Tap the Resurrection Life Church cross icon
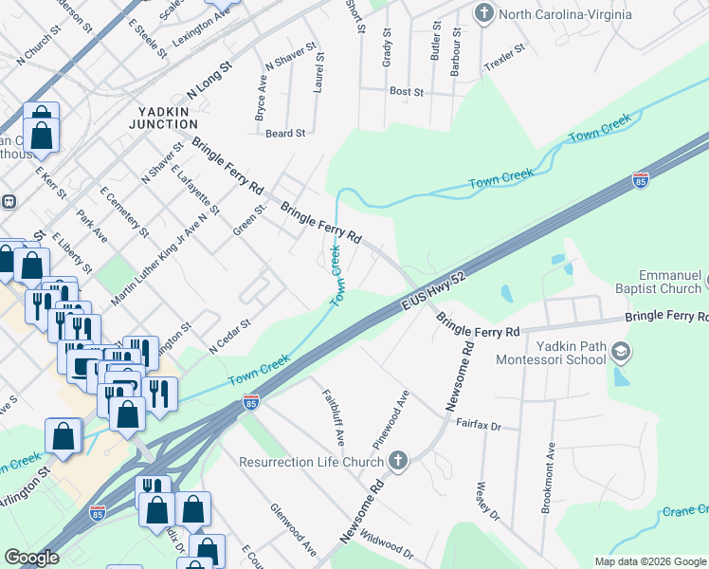(398, 462)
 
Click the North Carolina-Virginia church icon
(484, 13)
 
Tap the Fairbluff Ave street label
(332, 417)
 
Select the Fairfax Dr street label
(478, 423)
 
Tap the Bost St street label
(406, 92)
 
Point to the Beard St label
(284, 134)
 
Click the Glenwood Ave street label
(293, 530)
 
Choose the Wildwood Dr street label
(388, 545)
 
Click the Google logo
(32, 558)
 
